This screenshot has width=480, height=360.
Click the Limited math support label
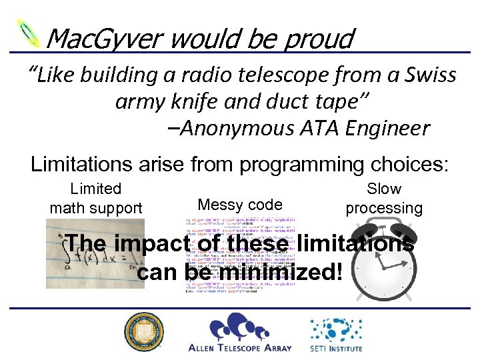click(x=96, y=199)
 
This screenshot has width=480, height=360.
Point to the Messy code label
click(x=240, y=205)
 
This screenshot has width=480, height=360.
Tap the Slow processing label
click(x=384, y=199)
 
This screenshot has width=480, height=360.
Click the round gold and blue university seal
click(x=143, y=331)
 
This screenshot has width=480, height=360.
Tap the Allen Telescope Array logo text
click(x=241, y=347)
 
